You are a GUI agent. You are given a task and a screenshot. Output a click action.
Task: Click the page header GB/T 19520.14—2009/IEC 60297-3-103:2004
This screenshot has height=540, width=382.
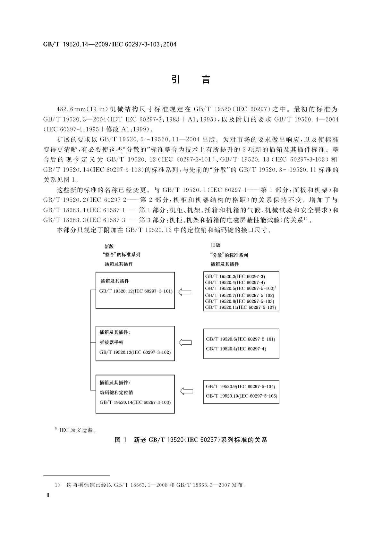point(110,44)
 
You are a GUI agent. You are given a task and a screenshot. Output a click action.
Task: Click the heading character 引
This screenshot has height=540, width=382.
point(175,79)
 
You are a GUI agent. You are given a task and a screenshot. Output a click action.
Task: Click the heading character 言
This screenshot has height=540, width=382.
point(206,79)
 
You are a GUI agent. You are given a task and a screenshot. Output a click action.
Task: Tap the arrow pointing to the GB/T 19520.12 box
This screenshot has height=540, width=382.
point(185,292)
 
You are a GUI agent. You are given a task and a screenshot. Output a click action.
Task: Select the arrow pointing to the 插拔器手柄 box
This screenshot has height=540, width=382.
point(185,342)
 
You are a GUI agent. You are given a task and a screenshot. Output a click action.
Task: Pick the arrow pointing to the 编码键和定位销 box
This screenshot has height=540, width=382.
point(186,391)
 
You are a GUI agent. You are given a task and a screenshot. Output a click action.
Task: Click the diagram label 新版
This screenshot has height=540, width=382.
point(109,246)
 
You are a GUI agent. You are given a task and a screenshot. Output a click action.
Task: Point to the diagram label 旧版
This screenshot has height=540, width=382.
point(216,245)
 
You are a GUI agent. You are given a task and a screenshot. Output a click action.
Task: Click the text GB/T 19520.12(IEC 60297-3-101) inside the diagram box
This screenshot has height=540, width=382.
point(136,291)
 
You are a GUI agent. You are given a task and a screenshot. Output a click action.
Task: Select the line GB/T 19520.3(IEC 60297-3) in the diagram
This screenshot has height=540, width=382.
point(235,276)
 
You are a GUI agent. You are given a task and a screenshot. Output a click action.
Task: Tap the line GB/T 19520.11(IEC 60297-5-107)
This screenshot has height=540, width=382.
point(241,307)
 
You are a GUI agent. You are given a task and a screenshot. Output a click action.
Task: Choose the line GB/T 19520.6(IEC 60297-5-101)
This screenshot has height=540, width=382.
point(241,339)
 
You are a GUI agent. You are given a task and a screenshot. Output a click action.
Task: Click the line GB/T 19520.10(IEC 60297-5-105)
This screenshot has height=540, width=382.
point(242,396)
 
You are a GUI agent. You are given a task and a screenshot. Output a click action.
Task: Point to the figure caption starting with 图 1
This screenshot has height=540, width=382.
point(191,440)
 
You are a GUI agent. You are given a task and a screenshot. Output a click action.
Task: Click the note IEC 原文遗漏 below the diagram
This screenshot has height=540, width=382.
point(76,430)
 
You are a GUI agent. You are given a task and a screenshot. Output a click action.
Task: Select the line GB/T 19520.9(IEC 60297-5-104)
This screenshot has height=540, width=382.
point(241,386)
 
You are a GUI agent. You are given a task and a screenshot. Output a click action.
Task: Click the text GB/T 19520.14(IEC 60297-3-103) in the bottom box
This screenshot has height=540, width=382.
point(135,402)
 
